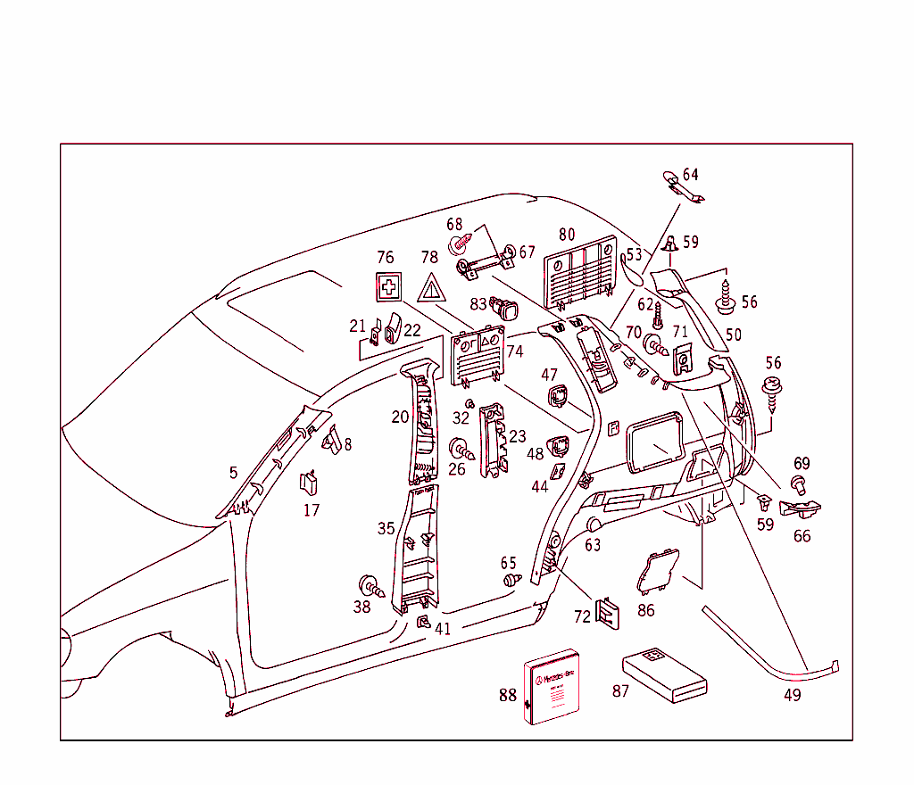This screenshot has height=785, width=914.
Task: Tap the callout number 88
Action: coord(508,696)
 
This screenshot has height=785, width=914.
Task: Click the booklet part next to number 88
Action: coord(551,685)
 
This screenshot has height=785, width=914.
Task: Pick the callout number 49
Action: coord(792,695)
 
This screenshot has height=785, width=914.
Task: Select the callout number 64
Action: coord(691,174)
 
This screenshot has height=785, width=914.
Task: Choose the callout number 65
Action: coord(508,563)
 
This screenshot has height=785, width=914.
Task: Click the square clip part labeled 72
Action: coord(609,611)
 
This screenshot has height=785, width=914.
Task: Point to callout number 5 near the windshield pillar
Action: coord(233,473)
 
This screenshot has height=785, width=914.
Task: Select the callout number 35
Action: coord(386,529)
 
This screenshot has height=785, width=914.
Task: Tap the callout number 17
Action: coord(312,510)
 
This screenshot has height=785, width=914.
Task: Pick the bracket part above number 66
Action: coord(801,509)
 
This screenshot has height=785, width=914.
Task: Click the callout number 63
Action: coord(593,545)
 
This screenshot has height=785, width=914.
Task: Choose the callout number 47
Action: coord(549,376)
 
